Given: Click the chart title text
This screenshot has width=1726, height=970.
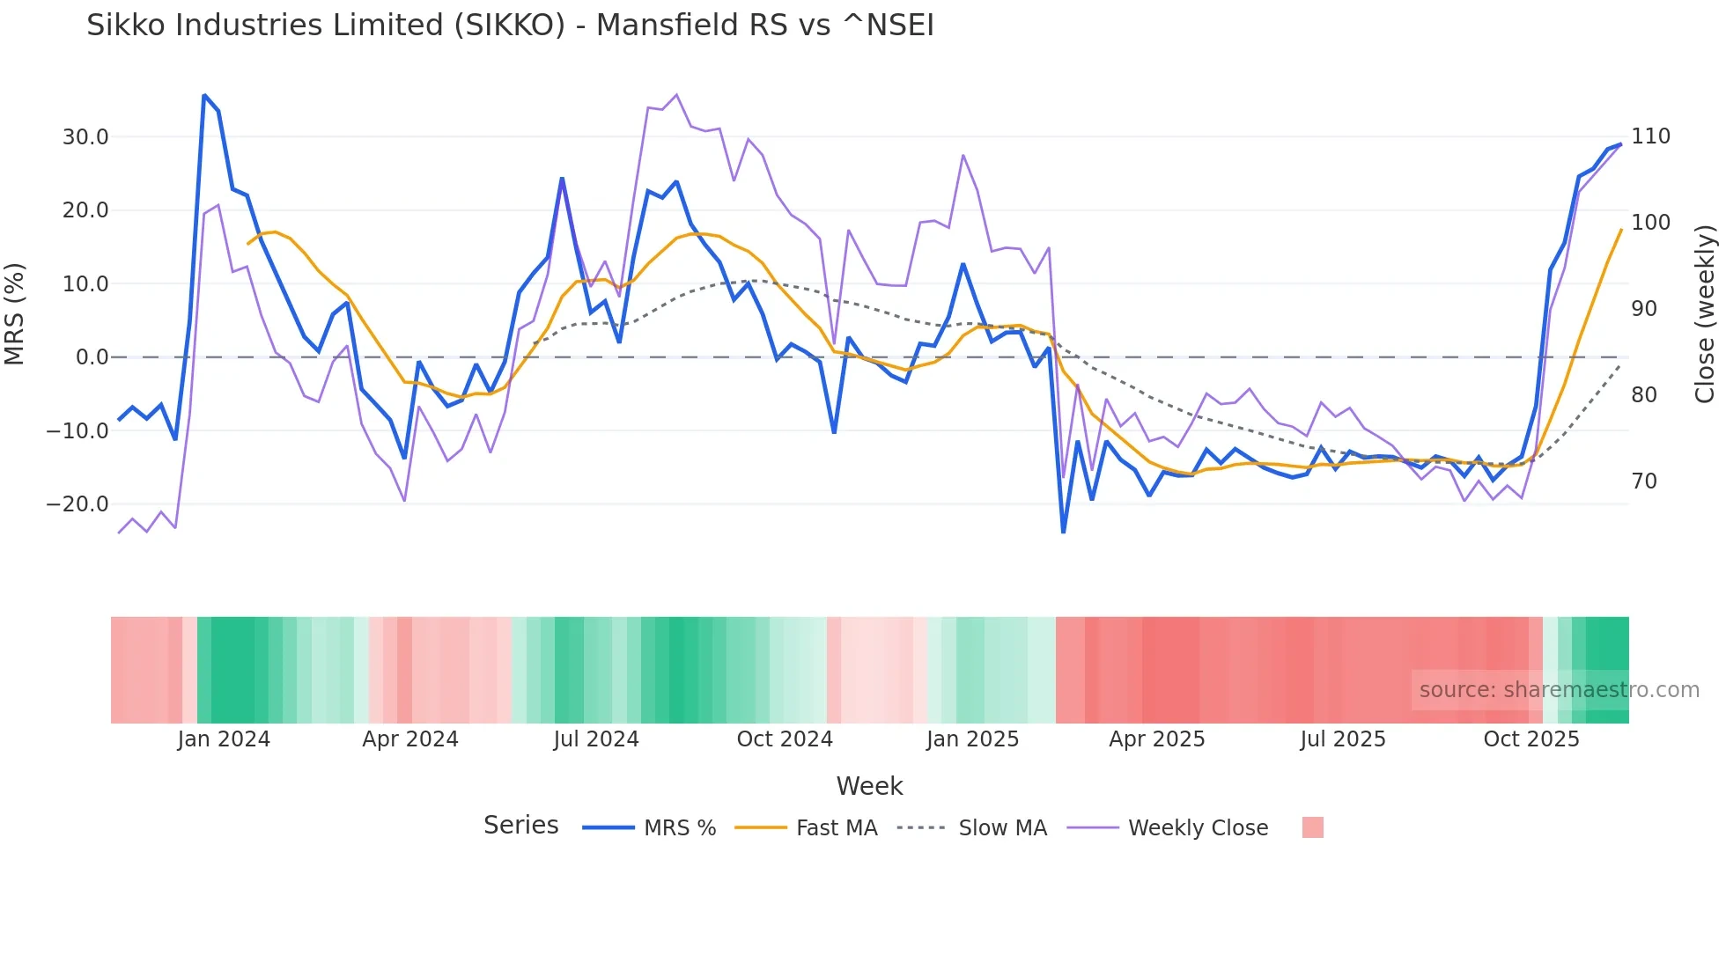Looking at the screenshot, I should click(x=510, y=26).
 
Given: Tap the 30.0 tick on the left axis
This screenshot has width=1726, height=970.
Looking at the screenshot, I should click(x=85, y=137).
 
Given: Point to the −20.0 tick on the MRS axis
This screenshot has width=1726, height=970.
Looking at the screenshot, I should click(x=78, y=504).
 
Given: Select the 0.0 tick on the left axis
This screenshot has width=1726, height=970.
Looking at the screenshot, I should click(x=92, y=357).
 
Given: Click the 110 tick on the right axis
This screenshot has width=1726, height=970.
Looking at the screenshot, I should click(x=1650, y=136).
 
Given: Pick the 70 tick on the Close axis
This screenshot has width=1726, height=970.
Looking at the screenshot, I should click(x=1644, y=481).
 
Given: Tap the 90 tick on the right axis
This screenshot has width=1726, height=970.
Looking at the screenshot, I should click(x=1644, y=309).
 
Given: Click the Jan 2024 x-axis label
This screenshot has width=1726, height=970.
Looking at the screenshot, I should click(x=224, y=739).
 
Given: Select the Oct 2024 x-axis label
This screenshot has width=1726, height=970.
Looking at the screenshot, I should click(x=785, y=739).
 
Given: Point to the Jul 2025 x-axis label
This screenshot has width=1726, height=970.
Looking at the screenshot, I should click(x=1343, y=739).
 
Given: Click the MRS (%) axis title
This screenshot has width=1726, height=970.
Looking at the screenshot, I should click(x=15, y=313).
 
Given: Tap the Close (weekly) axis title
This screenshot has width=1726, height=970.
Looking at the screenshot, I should click(x=1706, y=314).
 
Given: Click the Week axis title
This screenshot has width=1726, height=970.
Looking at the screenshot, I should click(x=869, y=786).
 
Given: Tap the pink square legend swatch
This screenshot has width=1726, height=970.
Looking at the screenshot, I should click(x=1312, y=827).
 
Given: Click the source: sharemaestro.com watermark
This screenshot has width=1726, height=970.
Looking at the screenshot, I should click(x=1559, y=690).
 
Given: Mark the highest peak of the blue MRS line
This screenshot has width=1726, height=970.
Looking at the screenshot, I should click(x=204, y=95).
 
